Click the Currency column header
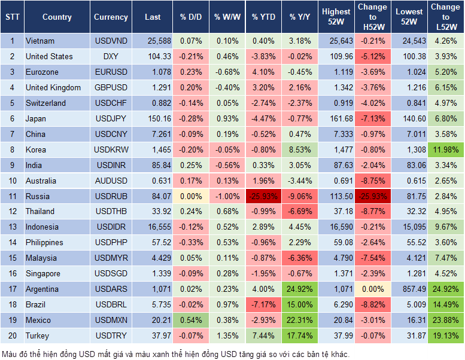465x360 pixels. (111, 17)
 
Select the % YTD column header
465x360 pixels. (263, 17)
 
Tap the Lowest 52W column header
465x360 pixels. (410, 17)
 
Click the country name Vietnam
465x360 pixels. (40, 41)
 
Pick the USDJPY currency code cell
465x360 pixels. (111, 118)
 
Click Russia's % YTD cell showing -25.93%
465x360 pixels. (263, 196)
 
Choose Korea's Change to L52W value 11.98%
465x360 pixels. (446, 150)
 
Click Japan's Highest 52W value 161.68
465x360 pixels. (336, 118)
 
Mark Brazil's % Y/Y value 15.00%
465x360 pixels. (300, 304)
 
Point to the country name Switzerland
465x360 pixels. (45, 103)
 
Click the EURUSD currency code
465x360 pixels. (111, 72)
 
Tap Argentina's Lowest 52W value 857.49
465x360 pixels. (410, 289)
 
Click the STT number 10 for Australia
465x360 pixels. (11, 181)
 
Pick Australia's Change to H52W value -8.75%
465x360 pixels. (372, 181)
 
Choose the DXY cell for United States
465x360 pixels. (111, 56)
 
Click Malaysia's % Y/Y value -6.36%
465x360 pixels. (300, 258)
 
